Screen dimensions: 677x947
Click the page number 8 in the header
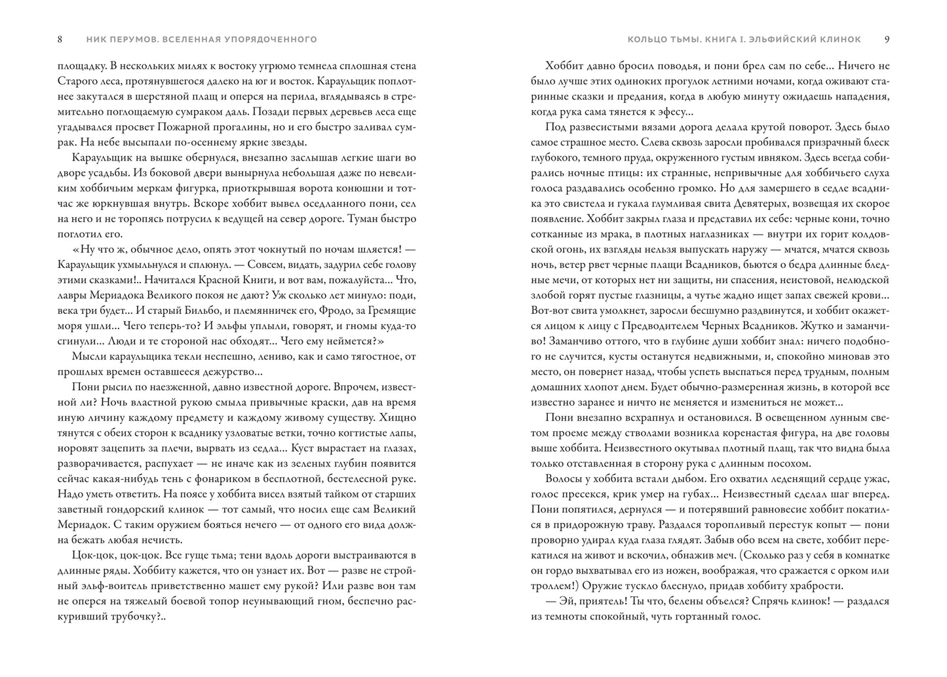pos(60,39)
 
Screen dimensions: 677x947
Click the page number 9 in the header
pos(887,39)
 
